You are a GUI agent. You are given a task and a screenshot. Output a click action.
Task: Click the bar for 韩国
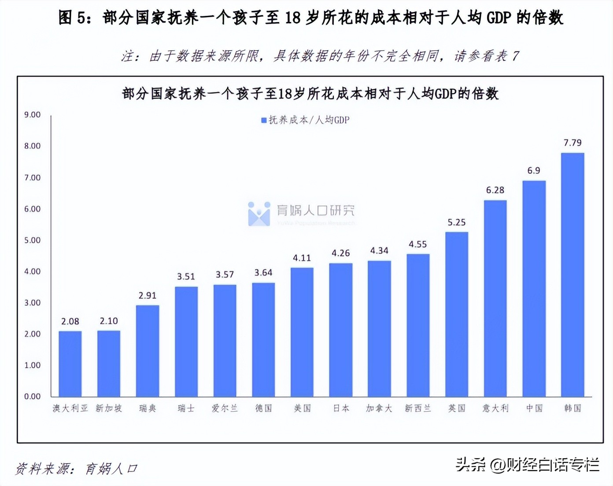coord(572,275)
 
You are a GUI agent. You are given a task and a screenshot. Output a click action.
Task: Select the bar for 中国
coord(534,288)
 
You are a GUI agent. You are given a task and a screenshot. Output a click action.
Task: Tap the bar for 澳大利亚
coord(70,364)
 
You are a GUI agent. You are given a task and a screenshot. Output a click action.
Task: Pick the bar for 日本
coord(340,330)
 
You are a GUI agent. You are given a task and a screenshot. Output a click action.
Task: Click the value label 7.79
coord(572,143)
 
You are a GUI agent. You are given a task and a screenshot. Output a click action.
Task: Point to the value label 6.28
coord(495,190)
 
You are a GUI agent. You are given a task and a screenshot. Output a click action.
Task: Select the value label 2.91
coord(147,295)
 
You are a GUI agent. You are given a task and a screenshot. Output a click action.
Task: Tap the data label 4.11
coord(302,258)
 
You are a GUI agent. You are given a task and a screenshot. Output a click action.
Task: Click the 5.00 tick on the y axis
coord(32,240)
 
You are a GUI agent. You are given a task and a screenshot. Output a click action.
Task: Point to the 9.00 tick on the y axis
coord(32,115)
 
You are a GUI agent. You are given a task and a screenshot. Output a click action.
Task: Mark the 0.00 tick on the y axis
coord(32,397)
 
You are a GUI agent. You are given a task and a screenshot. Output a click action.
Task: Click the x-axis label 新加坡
coord(109,409)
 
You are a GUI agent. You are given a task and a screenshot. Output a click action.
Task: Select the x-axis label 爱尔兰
coord(225,409)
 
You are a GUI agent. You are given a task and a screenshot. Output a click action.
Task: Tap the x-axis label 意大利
coord(495,409)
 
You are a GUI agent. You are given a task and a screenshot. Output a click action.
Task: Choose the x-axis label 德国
coord(263,409)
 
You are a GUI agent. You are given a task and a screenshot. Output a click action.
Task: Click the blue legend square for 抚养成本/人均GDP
coord(264,120)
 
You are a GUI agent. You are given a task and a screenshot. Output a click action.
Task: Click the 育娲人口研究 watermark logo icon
coord(259,214)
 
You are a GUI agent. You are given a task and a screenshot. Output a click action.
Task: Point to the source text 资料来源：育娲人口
coord(76,469)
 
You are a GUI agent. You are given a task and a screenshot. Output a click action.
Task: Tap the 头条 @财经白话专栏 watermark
coord(527,464)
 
